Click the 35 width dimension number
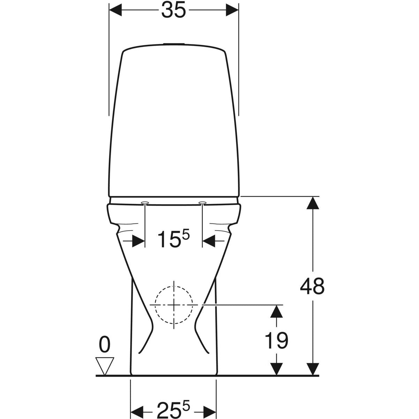click(174, 10)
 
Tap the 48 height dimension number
click(312, 286)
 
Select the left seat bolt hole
click(145, 203)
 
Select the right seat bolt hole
click(203, 203)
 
